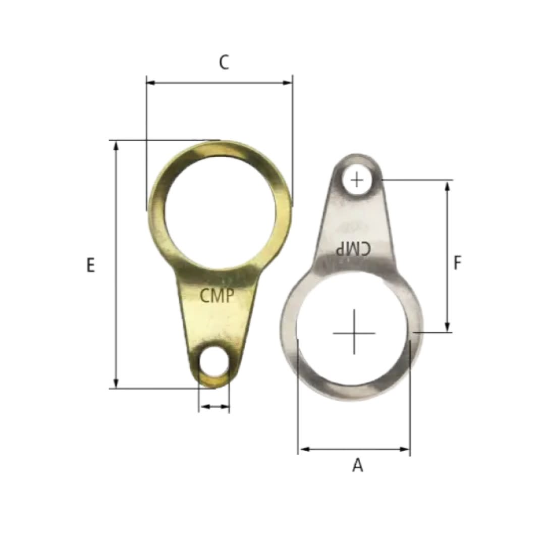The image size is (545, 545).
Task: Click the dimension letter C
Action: point(224,63)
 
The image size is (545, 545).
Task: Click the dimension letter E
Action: point(90,265)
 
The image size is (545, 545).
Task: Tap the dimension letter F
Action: point(457,262)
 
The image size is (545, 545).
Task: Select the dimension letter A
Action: point(358,465)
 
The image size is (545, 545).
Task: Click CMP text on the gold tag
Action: point(217,296)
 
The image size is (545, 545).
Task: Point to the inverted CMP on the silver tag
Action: point(353,248)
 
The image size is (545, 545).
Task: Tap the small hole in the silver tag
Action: point(357,180)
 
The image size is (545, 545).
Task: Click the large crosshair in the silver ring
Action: point(354,332)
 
